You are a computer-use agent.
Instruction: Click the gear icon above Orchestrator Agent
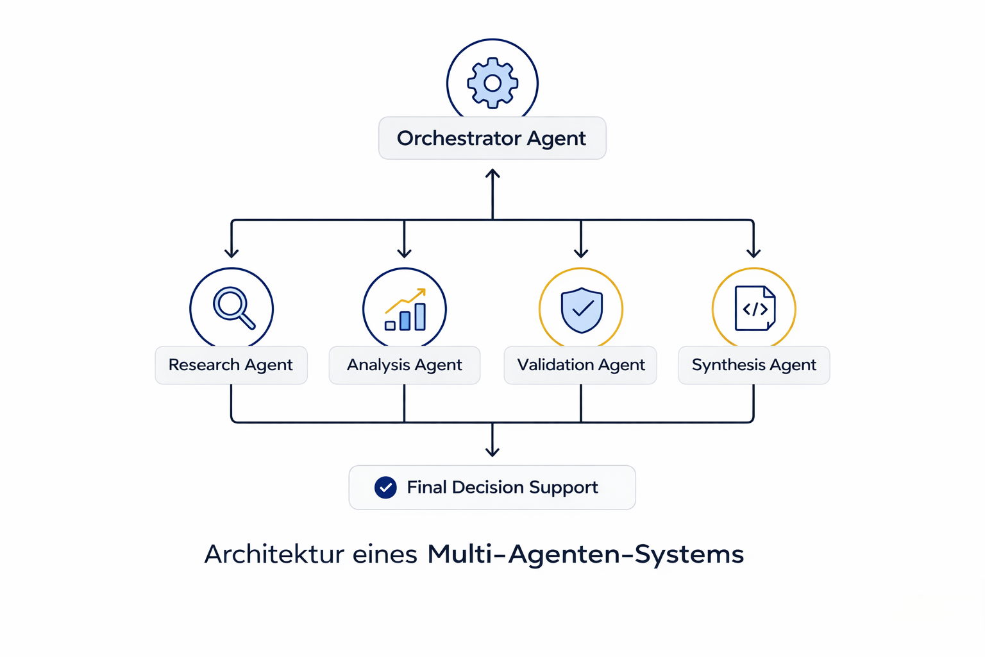(x=492, y=83)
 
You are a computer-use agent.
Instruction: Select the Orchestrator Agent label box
(x=492, y=138)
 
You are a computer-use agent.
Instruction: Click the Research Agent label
(x=231, y=365)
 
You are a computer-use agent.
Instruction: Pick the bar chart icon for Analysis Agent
(x=405, y=311)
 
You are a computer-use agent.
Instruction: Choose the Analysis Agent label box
(x=404, y=365)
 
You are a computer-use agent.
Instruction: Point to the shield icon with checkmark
(x=582, y=309)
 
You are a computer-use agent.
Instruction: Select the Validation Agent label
(x=580, y=365)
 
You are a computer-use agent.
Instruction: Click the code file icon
(x=755, y=309)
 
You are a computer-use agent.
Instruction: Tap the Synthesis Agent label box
(x=753, y=365)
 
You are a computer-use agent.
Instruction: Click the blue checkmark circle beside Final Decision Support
(x=385, y=488)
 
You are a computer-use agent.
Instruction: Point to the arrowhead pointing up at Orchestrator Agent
(x=492, y=173)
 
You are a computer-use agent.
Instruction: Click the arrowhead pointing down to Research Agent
(x=232, y=253)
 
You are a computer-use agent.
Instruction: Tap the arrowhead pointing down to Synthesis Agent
(x=753, y=253)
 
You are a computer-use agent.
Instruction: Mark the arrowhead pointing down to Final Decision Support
(x=492, y=452)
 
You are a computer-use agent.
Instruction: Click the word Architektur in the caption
(x=274, y=554)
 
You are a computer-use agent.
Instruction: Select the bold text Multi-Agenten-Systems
(x=585, y=554)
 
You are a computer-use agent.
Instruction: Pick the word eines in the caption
(x=385, y=554)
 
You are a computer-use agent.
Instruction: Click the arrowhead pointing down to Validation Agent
(x=581, y=253)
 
